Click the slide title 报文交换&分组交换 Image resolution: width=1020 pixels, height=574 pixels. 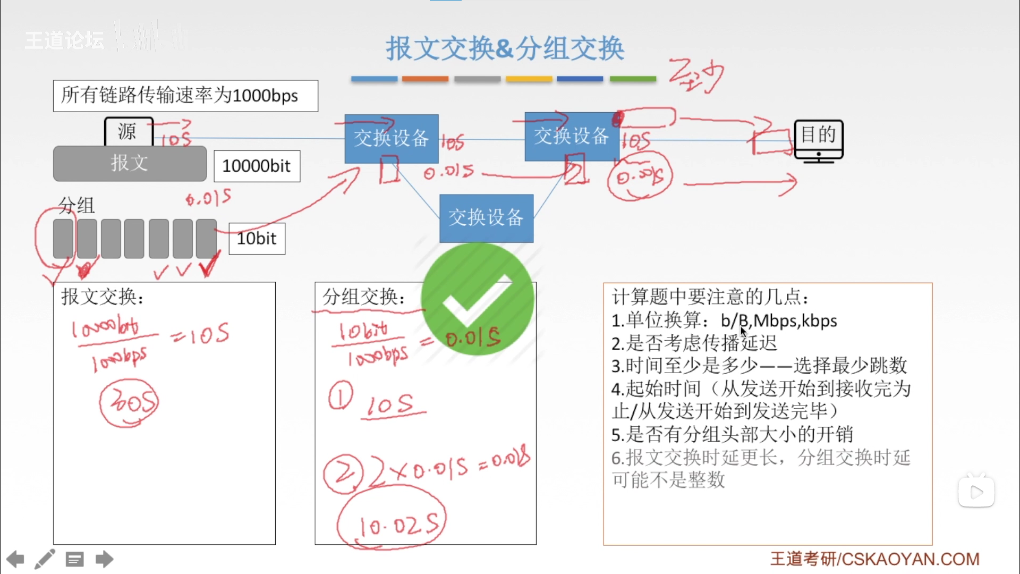click(505, 48)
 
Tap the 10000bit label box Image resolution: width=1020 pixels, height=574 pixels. click(257, 166)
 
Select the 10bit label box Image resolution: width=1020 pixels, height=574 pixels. click(257, 239)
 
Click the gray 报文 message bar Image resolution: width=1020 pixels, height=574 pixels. click(130, 163)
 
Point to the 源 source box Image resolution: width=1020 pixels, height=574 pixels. click(128, 131)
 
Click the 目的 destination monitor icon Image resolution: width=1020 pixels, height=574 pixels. click(818, 139)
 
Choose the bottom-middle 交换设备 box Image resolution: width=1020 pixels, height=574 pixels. click(486, 218)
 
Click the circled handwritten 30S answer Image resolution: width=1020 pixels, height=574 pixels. click(129, 403)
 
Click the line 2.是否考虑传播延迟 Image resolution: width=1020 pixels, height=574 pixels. click(694, 343)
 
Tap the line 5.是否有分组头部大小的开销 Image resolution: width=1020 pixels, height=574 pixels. click(732, 435)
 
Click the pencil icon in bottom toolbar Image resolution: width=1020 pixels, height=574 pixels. click(45, 559)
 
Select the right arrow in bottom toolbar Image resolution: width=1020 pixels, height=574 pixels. click(104, 559)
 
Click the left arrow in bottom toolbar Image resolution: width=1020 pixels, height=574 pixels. click(15, 559)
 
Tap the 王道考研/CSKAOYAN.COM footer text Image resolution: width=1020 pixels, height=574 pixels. click(874, 559)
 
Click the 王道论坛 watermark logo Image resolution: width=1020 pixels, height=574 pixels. click(64, 40)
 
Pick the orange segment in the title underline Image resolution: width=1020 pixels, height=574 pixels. click(425, 79)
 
